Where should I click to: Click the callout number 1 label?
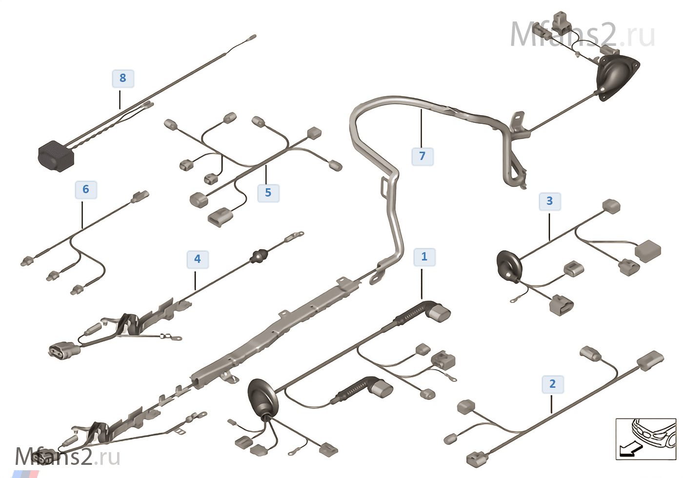point(424,257)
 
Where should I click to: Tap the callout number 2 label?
point(552,384)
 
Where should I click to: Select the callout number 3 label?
point(549,201)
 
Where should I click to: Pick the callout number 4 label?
point(197,259)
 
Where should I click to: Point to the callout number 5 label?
point(268,193)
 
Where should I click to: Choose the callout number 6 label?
point(86,189)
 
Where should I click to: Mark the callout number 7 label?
point(422,156)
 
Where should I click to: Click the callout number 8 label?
point(122,78)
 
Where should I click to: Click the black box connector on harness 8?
point(55,156)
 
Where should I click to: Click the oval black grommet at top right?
point(617,77)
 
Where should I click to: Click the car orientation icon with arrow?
point(645,438)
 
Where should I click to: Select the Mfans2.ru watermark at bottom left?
point(67,457)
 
